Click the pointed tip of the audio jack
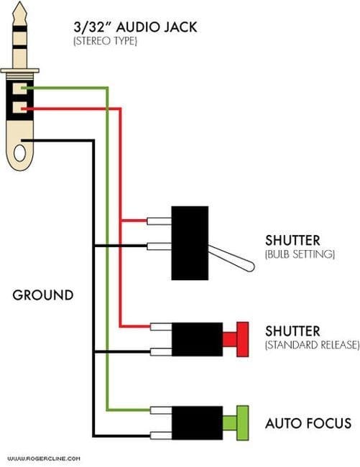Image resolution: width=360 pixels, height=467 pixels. click(x=19, y=2)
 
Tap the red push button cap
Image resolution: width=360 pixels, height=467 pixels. click(x=242, y=339)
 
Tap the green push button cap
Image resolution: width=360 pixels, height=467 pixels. click(x=242, y=423)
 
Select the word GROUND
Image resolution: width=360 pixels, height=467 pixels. click(x=43, y=295)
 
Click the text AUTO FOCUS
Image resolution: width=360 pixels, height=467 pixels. click(x=308, y=423)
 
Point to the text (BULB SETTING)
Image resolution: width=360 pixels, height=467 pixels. click(x=300, y=254)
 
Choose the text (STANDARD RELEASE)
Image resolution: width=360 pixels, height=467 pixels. click(x=312, y=345)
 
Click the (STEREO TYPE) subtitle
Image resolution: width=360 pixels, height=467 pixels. click(x=106, y=41)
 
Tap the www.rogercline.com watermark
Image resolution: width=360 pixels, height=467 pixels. click(x=44, y=458)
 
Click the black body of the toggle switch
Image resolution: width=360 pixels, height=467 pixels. click(x=190, y=243)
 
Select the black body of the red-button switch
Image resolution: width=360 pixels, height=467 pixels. click(x=197, y=339)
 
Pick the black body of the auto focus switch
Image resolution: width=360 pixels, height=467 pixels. click(x=197, y=423)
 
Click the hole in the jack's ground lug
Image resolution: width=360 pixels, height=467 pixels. click(x=19, y=153)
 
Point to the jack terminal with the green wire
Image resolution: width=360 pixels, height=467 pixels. click(x=19, y=88)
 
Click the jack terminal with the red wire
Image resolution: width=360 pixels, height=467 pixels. click(x=19, y=108)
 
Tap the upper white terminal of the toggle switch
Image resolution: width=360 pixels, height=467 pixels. click(x=160, y=221)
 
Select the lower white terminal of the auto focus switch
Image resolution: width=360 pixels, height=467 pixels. click(x=161, y=435)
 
